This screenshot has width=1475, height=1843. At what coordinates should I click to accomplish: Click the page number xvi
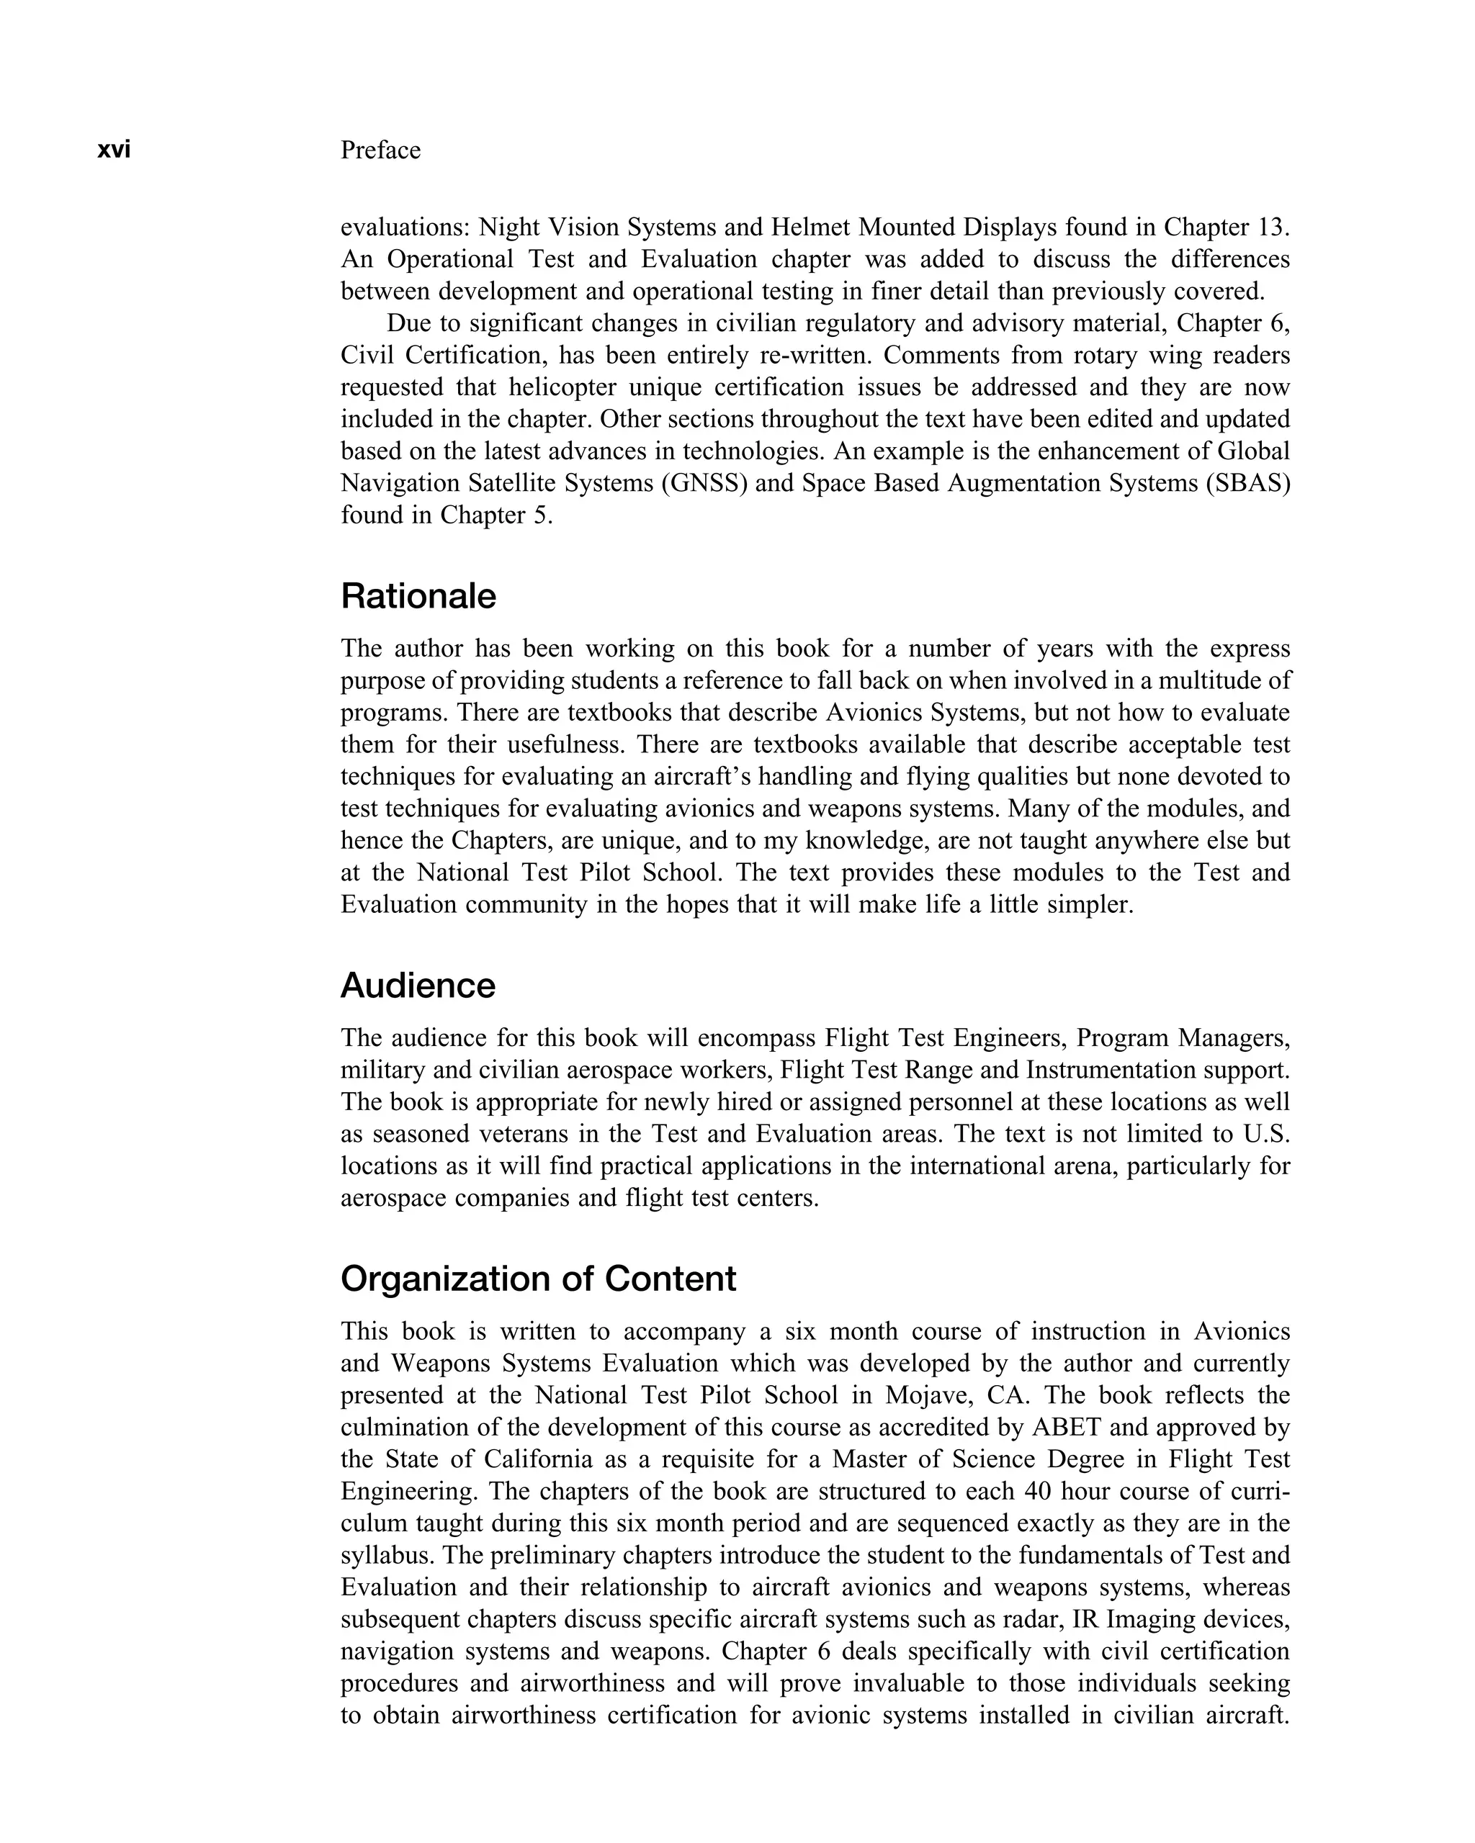[x=114, y=150]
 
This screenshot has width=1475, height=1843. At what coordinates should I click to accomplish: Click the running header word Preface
[x=380, y=150]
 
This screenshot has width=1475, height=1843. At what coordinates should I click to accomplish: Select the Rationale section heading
[x=418, y=596]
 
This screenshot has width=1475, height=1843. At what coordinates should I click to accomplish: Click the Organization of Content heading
[x=538, y=1279]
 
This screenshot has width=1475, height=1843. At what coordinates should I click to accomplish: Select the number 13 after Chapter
[x=1270, y=227]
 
